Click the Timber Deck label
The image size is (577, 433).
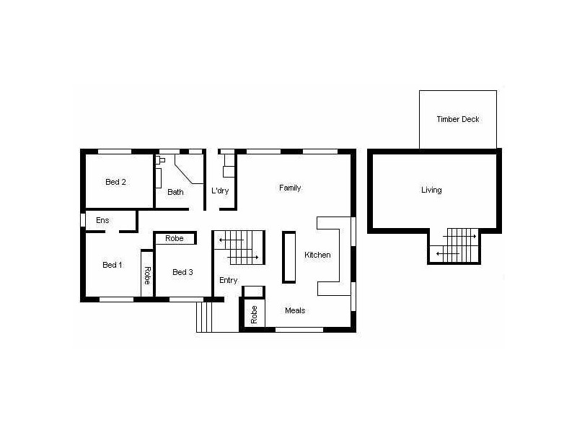coord(457,119)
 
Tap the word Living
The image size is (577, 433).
coord(431,191)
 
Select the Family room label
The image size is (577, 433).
coord(290,188)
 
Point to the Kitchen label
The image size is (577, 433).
coord(317,255)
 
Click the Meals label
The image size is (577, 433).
coord(295,310)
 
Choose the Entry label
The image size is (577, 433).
coord(228,280)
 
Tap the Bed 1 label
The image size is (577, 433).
coord(112,265)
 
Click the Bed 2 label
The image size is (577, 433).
coord(115,182)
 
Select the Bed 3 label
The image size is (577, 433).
coord(182,272)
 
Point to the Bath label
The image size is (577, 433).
coord(175,192)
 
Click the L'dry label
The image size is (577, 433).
coord(219,191)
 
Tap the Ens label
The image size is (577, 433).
coord(102,220)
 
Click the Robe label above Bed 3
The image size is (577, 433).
coord(174,238)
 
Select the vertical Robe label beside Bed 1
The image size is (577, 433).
coord(146,275)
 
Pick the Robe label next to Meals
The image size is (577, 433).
coord(254,314)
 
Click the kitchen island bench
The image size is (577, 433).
coord(288,256)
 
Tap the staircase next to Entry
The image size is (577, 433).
coord(239,248)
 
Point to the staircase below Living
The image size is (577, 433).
coord(454,245)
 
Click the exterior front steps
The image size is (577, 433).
coord(204,317)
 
